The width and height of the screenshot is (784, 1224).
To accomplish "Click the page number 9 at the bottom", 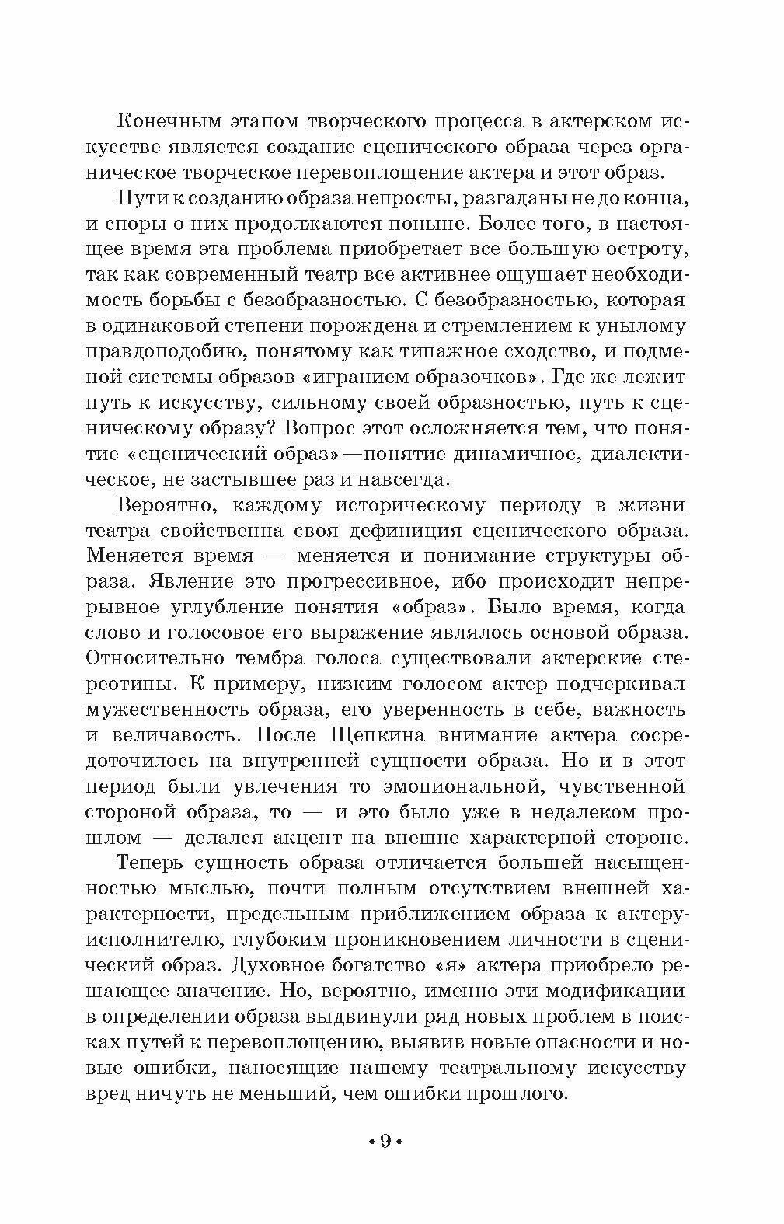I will pyautogui.click(x=384, y=1142).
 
